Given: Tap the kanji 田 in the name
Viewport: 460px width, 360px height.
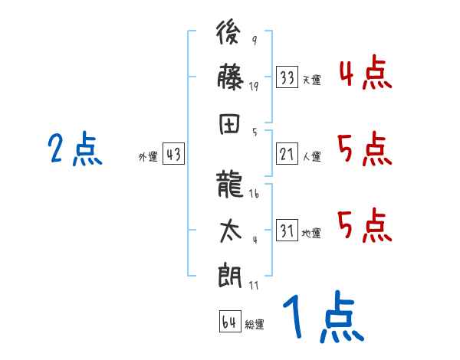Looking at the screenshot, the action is coord(231,126).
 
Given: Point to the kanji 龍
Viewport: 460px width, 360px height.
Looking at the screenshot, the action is coord(231,183).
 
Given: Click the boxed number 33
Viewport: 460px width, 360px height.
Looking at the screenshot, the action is coord(287,77).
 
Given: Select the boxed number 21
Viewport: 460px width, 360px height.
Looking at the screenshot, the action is coord(287,155).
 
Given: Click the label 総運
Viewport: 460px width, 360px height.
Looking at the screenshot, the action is coord(255,324).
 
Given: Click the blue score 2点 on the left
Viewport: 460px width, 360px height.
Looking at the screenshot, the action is coord(74,149).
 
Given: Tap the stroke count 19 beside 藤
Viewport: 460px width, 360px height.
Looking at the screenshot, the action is coord(254,87).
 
